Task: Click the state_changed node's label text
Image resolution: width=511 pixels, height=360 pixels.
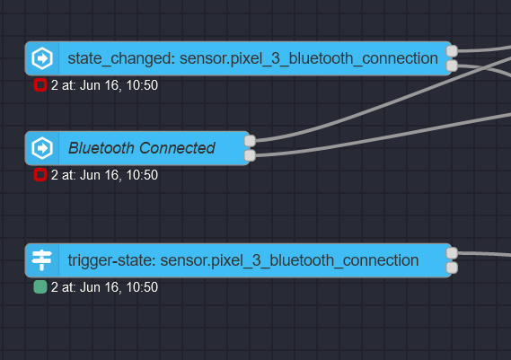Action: coord(252,59)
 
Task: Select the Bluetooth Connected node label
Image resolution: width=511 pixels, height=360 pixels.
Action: coord(141,148)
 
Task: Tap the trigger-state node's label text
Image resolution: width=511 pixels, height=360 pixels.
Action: coord(242,260)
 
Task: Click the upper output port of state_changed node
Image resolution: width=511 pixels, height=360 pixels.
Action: coord(453,51)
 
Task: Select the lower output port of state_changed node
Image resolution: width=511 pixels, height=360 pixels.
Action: coord(453,66)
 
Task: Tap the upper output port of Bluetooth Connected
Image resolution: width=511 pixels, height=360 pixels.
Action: coord(251,141)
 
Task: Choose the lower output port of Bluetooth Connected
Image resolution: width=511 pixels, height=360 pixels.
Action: coord(251,155)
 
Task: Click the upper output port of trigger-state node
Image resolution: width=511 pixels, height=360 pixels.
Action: coord(453,253)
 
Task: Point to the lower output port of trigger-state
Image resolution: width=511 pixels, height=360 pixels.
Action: coord(453,267)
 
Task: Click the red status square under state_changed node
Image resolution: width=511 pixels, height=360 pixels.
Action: coord(40,85)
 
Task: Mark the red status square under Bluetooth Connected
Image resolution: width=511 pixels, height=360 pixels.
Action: coord(40,175)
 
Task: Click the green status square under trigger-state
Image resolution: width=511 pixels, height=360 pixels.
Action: coord(40,287)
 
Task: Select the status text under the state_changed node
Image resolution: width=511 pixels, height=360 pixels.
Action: coord(104,85)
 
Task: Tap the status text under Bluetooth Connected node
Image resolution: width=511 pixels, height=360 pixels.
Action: coord(104,175)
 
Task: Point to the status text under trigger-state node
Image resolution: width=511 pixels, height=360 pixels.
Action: coord(104,287)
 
